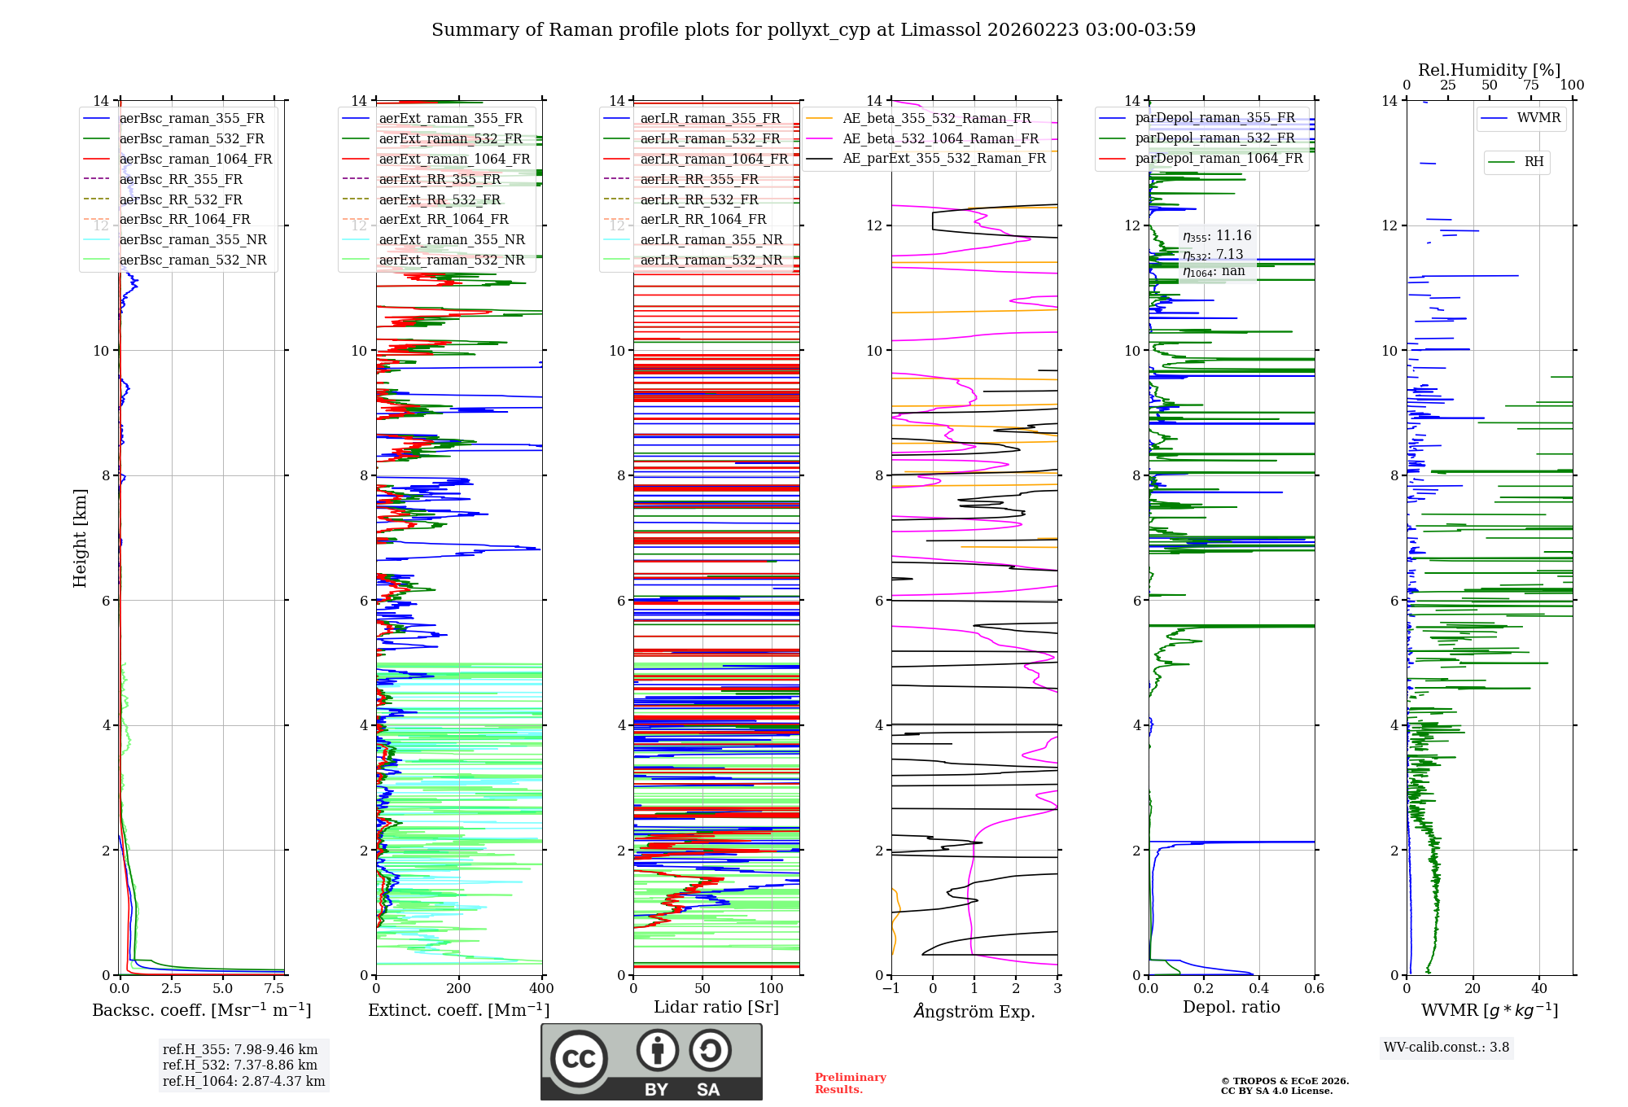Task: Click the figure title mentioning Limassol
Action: [813, 30]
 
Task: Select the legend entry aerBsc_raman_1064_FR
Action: [195, 159]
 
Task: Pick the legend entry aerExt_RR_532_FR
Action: [440, 199]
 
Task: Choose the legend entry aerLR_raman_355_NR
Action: [711, 239]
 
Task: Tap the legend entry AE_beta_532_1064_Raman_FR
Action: [940, 138]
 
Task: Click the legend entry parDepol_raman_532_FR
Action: [1214, 138]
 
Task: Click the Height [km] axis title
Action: [80, 537]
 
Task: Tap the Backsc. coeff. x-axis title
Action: [201, 1010]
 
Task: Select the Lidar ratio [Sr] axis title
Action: [716, 1007]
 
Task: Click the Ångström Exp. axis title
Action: [974, 1011]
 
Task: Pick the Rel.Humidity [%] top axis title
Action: [1489, 70]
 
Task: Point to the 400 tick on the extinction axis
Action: [541, 988]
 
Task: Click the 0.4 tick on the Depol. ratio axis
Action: [1258, 988]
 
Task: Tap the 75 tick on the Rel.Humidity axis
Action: [1530, 85]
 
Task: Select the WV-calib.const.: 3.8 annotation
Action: [1446, 1047]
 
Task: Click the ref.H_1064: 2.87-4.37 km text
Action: [243, 1081]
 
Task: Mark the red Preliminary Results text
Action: [850, 1083]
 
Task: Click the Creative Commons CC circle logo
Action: [579, 1059]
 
